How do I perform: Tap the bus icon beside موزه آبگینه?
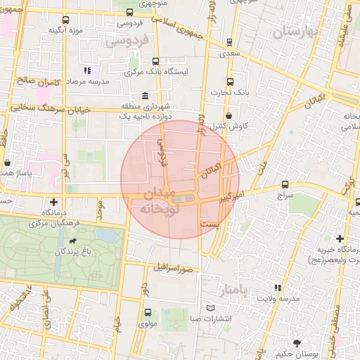(65, 20)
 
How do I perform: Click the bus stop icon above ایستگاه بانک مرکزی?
(155, 61)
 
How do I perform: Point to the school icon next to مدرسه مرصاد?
(87, 70)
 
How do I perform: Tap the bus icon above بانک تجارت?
(231, 82)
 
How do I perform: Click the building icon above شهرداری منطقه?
(145, 96)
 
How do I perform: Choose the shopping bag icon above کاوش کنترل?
(229, 116)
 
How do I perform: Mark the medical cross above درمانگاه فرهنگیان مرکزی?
(53, 202)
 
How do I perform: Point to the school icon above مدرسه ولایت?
(278, 287)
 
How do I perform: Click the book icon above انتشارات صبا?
(212, 309)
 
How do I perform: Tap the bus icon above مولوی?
(148, 313)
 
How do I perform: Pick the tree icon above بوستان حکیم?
(297, 344)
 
